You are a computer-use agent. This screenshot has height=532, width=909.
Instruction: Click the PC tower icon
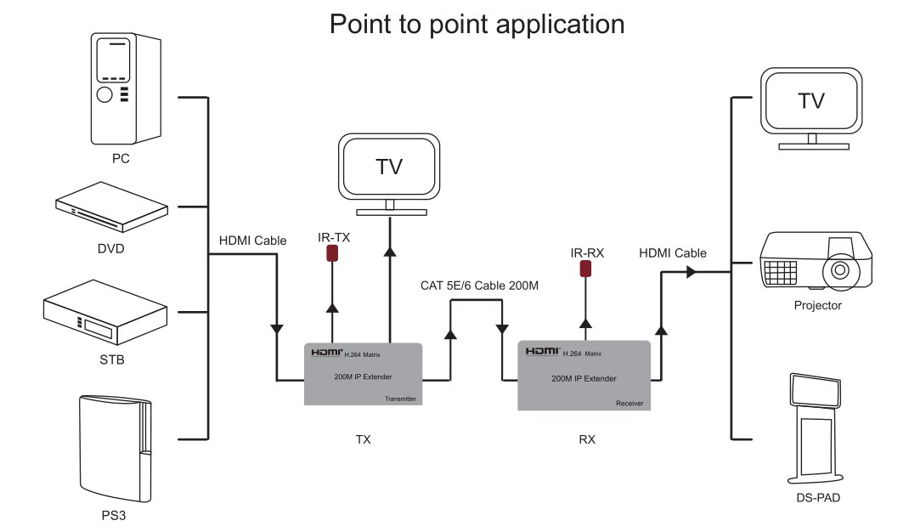point(126,88)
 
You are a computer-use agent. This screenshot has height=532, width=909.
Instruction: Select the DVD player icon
point(111,209)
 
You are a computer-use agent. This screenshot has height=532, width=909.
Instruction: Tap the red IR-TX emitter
point(333,253)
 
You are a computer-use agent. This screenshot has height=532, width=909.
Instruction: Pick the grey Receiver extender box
point(584,375)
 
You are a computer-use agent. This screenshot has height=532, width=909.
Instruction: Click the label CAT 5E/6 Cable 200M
point(479,286)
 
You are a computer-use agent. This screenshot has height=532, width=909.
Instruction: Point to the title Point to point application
point(477,24)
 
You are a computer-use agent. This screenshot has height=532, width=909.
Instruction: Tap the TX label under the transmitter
point(364,440)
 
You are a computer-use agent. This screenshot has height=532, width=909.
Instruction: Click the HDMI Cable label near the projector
point(672,253)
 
